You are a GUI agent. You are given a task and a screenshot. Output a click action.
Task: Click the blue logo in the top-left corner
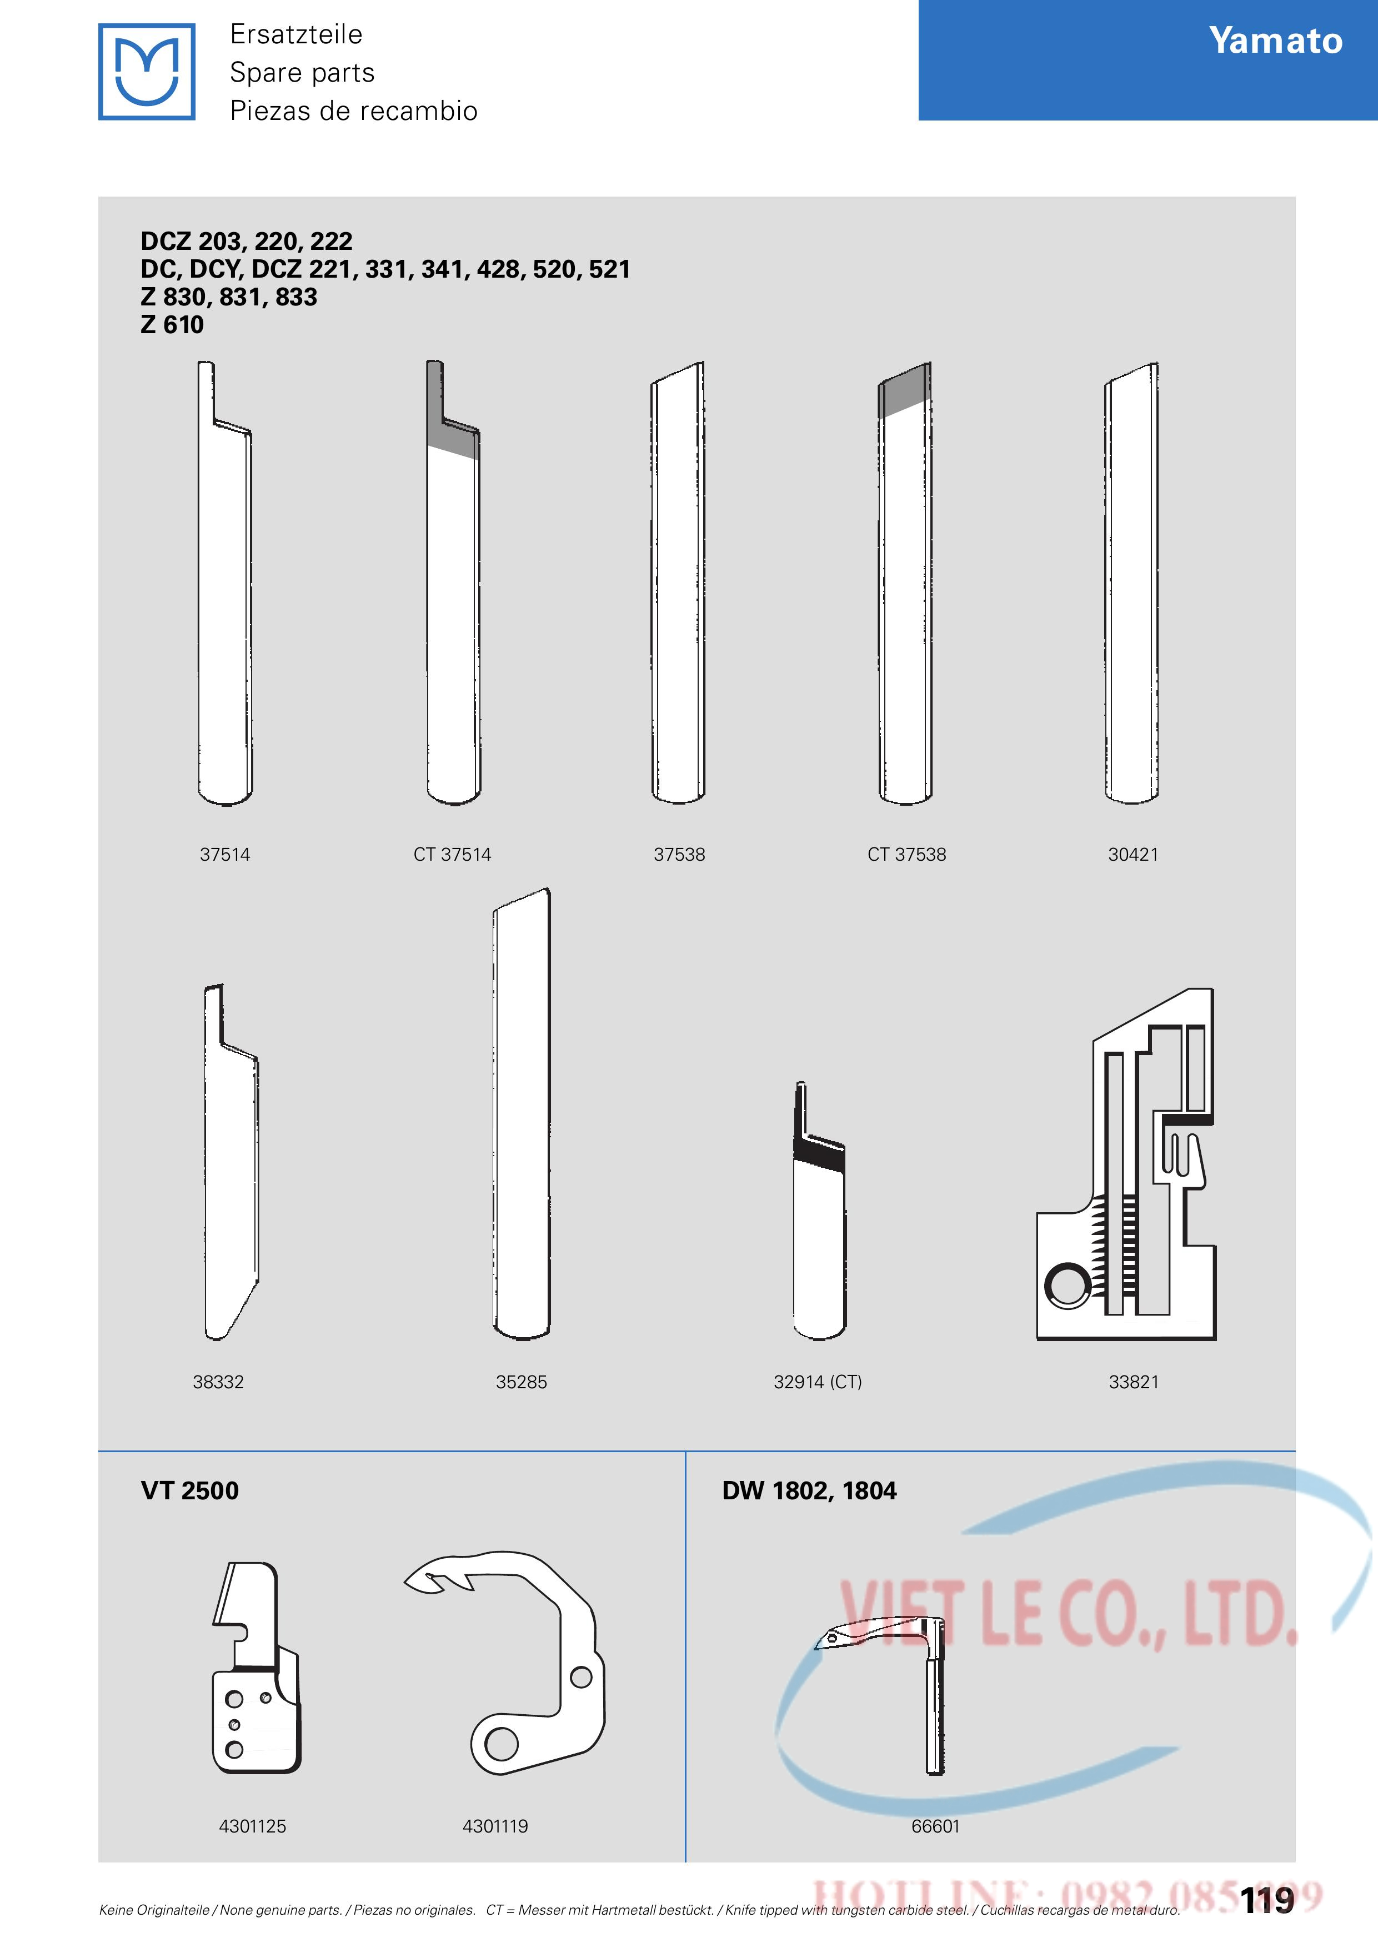coord(147,71)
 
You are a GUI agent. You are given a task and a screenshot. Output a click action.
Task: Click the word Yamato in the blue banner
coord(1275,41)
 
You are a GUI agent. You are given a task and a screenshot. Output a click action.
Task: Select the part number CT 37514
coord(452,855)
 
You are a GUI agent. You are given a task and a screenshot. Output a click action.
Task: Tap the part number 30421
coord(1133,855)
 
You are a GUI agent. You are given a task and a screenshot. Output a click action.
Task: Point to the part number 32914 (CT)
coord(817,1382)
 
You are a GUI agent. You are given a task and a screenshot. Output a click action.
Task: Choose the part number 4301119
coord(495,1826)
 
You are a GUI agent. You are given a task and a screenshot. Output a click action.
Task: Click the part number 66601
coord(935,1826)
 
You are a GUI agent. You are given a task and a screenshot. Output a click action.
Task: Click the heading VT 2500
coord(190,1490)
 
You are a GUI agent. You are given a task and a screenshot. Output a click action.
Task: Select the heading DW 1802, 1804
coord(809,1490)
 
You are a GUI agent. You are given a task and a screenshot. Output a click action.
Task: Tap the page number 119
coord(1267,1900)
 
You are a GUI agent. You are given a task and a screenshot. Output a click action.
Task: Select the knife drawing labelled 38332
coord(231,1162)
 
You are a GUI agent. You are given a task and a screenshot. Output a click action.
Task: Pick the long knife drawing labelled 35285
coord(521,1114)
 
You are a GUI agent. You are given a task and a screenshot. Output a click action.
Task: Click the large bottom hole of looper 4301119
coord(502,1744)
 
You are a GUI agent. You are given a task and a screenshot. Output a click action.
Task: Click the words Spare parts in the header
coord(302,73)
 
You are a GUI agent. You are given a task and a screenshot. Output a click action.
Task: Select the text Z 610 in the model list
coord(172,324)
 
